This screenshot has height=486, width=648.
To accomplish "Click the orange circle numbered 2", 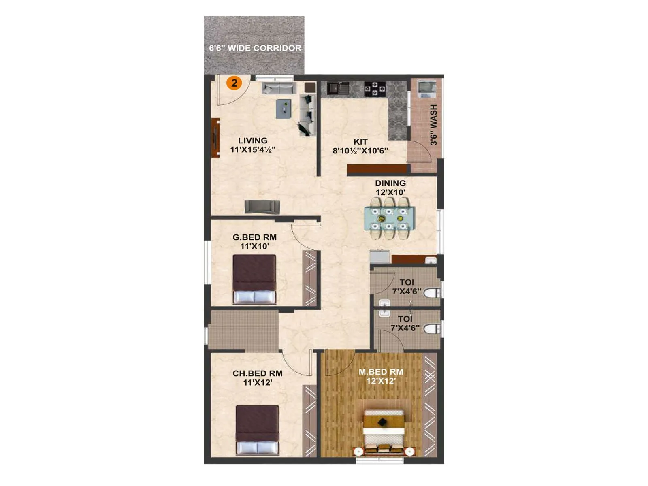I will click(x=234, y=83).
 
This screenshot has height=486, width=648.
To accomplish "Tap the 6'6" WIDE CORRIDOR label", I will click(x=255, y=48).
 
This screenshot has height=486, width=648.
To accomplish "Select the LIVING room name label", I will click(x=253, y=141).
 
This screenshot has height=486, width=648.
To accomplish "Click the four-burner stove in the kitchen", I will click(x=375, y=89).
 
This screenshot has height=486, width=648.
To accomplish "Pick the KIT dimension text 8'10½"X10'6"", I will click(x=360, y=151).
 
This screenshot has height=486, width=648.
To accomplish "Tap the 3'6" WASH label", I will click(x=434, y=124).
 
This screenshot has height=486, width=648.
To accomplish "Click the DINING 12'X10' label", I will click(x=390, y=188).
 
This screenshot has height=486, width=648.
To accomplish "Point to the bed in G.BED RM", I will click(x=254, y=279).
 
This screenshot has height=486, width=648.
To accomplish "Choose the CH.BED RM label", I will click(x=258, y=373).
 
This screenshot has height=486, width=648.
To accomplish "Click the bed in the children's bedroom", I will click(x=258, y=430).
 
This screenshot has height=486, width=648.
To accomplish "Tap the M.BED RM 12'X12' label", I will click(x=381, y=376).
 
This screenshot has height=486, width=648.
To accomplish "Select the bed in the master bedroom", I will click(x=384, y=431).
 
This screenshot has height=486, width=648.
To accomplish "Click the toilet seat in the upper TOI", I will click(x=432, y=293).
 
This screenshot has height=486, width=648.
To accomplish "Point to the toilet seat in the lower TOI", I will click(x=432, y=329).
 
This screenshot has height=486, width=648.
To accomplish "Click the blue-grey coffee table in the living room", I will click(x=283, y=109).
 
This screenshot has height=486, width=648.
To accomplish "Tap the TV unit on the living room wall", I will click(x=215, y=138).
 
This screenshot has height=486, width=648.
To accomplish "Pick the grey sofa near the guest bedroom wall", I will click(x=262, y=207).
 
